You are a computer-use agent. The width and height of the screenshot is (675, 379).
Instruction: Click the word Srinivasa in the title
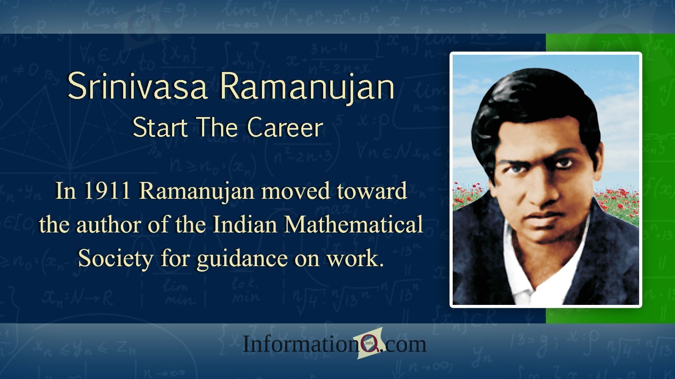(138, 86)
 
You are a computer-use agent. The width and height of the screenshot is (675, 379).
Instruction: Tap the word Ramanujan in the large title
(307, 87)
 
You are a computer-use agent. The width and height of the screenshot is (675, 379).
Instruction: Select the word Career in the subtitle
(285, 127)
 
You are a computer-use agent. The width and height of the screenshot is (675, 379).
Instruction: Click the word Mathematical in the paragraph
(354, 224)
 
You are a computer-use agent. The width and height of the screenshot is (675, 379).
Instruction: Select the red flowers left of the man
(466, 194)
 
